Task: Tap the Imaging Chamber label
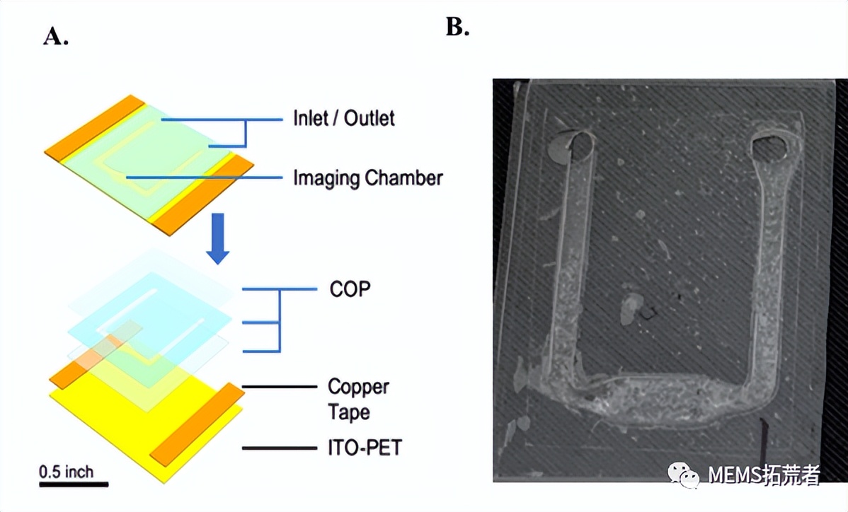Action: click(x=367, y=178)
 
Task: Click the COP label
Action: click(x=350, y=289)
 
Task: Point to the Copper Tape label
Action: click(x=357, y=400)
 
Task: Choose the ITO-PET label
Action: click(x=364, y=447)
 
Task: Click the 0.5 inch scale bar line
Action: click(x=74, y=484)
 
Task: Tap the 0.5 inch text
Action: click(x=66, y=471)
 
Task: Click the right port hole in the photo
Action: click(x=769, y=147)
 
